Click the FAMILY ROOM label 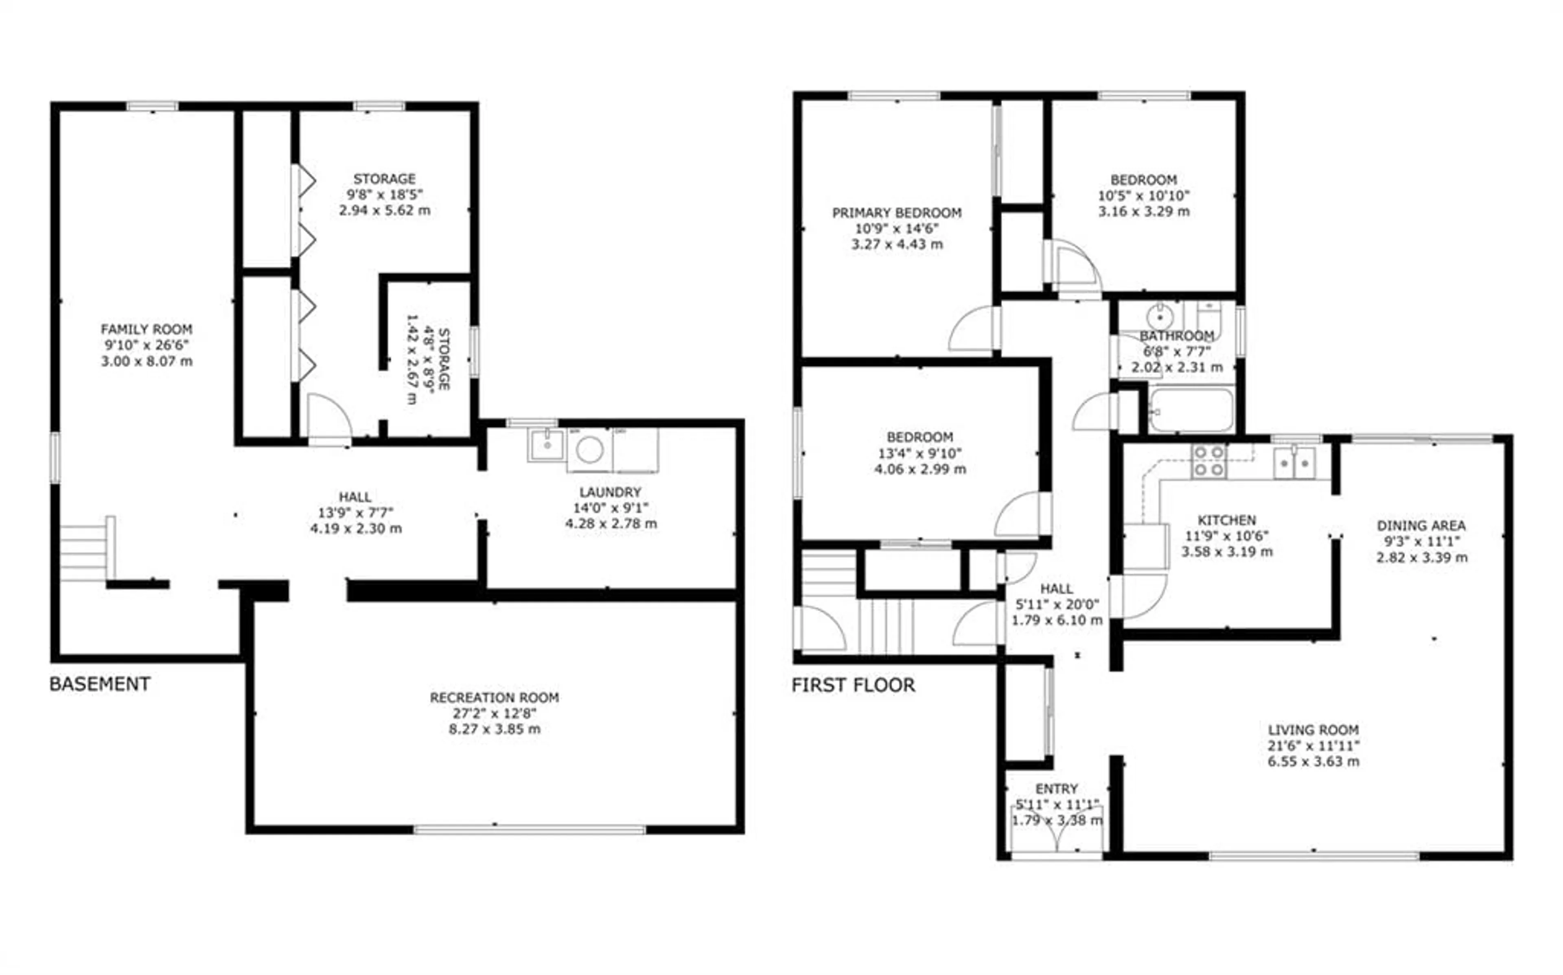147,330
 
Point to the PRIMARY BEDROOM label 896,213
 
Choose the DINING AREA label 1421,525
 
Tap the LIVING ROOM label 1313,730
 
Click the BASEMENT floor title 100,684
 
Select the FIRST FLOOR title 853,685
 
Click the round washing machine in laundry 589,450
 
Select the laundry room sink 547,445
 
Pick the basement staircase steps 84,553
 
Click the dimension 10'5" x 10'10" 1143,195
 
